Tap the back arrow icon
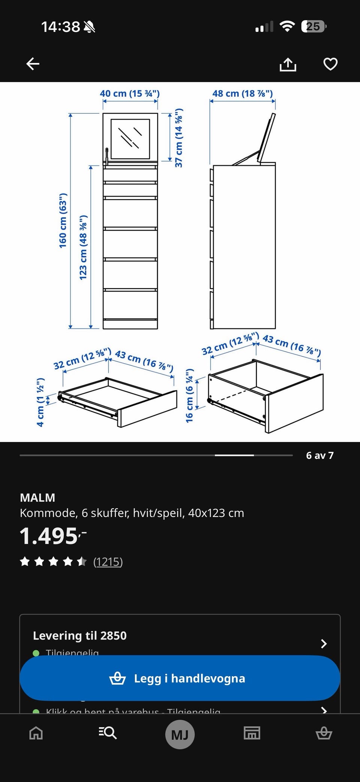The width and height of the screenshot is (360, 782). (33, 64)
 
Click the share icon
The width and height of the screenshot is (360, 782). (288, 64)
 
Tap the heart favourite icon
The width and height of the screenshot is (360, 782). (330, 64)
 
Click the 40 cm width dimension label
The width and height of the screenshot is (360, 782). (130, 93)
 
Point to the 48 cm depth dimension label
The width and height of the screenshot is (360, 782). (243, 93)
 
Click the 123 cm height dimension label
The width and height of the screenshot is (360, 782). (83, 247)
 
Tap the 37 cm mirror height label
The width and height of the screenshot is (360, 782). (179, 138)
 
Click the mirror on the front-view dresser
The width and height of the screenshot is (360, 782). (130, 138)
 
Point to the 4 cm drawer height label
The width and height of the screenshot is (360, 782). (40, 402)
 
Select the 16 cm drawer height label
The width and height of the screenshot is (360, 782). (190, 395)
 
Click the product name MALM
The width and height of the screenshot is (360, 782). (37, 497)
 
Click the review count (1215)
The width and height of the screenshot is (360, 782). (108, 562)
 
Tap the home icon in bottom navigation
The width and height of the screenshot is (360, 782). (36, 733)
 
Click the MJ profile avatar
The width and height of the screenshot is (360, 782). (180, 734)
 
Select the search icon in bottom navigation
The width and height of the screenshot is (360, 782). (108, 733)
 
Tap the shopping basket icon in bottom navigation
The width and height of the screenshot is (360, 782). (324, 733)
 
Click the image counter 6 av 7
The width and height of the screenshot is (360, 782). (319, 455)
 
